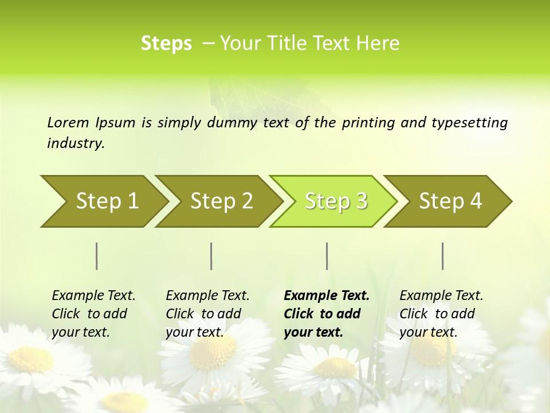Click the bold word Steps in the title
click(166, 43)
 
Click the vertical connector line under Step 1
click(97, 256)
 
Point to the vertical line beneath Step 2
click(211, 256)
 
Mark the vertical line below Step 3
click(327, 256)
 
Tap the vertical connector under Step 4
click(443, 256)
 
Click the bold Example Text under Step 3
click(327, 313)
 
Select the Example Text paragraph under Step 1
click(93, 313)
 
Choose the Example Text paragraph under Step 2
click(207, 313)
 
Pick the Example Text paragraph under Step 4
click(441, 313)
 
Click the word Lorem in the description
click(68, 122)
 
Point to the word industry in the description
click(76, 143)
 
